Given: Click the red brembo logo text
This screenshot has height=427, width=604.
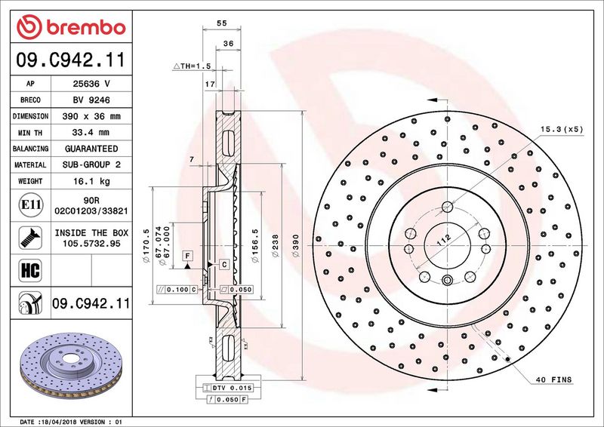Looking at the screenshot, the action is pos(86,28).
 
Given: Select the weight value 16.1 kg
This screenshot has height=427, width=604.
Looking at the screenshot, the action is pos(91,181).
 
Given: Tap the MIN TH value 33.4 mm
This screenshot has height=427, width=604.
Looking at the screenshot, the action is pos(91,133).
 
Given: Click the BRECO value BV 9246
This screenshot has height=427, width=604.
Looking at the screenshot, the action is pos(91,100).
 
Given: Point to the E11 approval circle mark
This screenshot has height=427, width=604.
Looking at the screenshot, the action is pos(30,204).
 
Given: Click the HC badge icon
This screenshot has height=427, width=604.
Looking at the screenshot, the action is pos(30,270).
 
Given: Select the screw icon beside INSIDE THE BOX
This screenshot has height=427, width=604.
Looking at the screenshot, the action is pos(30,238).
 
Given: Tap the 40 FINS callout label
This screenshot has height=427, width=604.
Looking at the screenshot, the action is pos(553,379).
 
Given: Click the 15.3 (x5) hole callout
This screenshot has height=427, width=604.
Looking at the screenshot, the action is pos(562,129).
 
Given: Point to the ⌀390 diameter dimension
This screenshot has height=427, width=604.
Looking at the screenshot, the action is pos(296,246).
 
